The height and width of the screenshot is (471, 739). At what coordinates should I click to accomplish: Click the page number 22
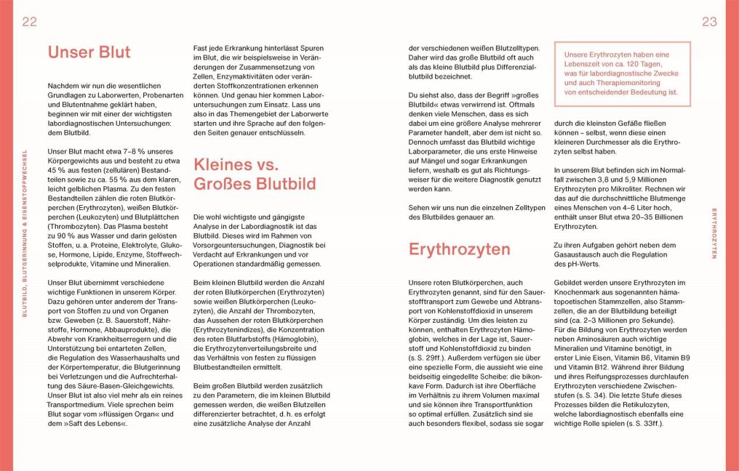point(29,22)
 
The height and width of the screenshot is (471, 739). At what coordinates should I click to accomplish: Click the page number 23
point(709,22)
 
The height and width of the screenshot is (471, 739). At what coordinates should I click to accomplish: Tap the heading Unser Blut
point(89,52)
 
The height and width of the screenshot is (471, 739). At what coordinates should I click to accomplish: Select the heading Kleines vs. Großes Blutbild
point(254,174)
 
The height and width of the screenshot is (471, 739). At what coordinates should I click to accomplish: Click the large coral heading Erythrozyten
point(459,249)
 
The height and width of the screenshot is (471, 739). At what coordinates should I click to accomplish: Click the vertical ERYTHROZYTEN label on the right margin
point(714,233)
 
